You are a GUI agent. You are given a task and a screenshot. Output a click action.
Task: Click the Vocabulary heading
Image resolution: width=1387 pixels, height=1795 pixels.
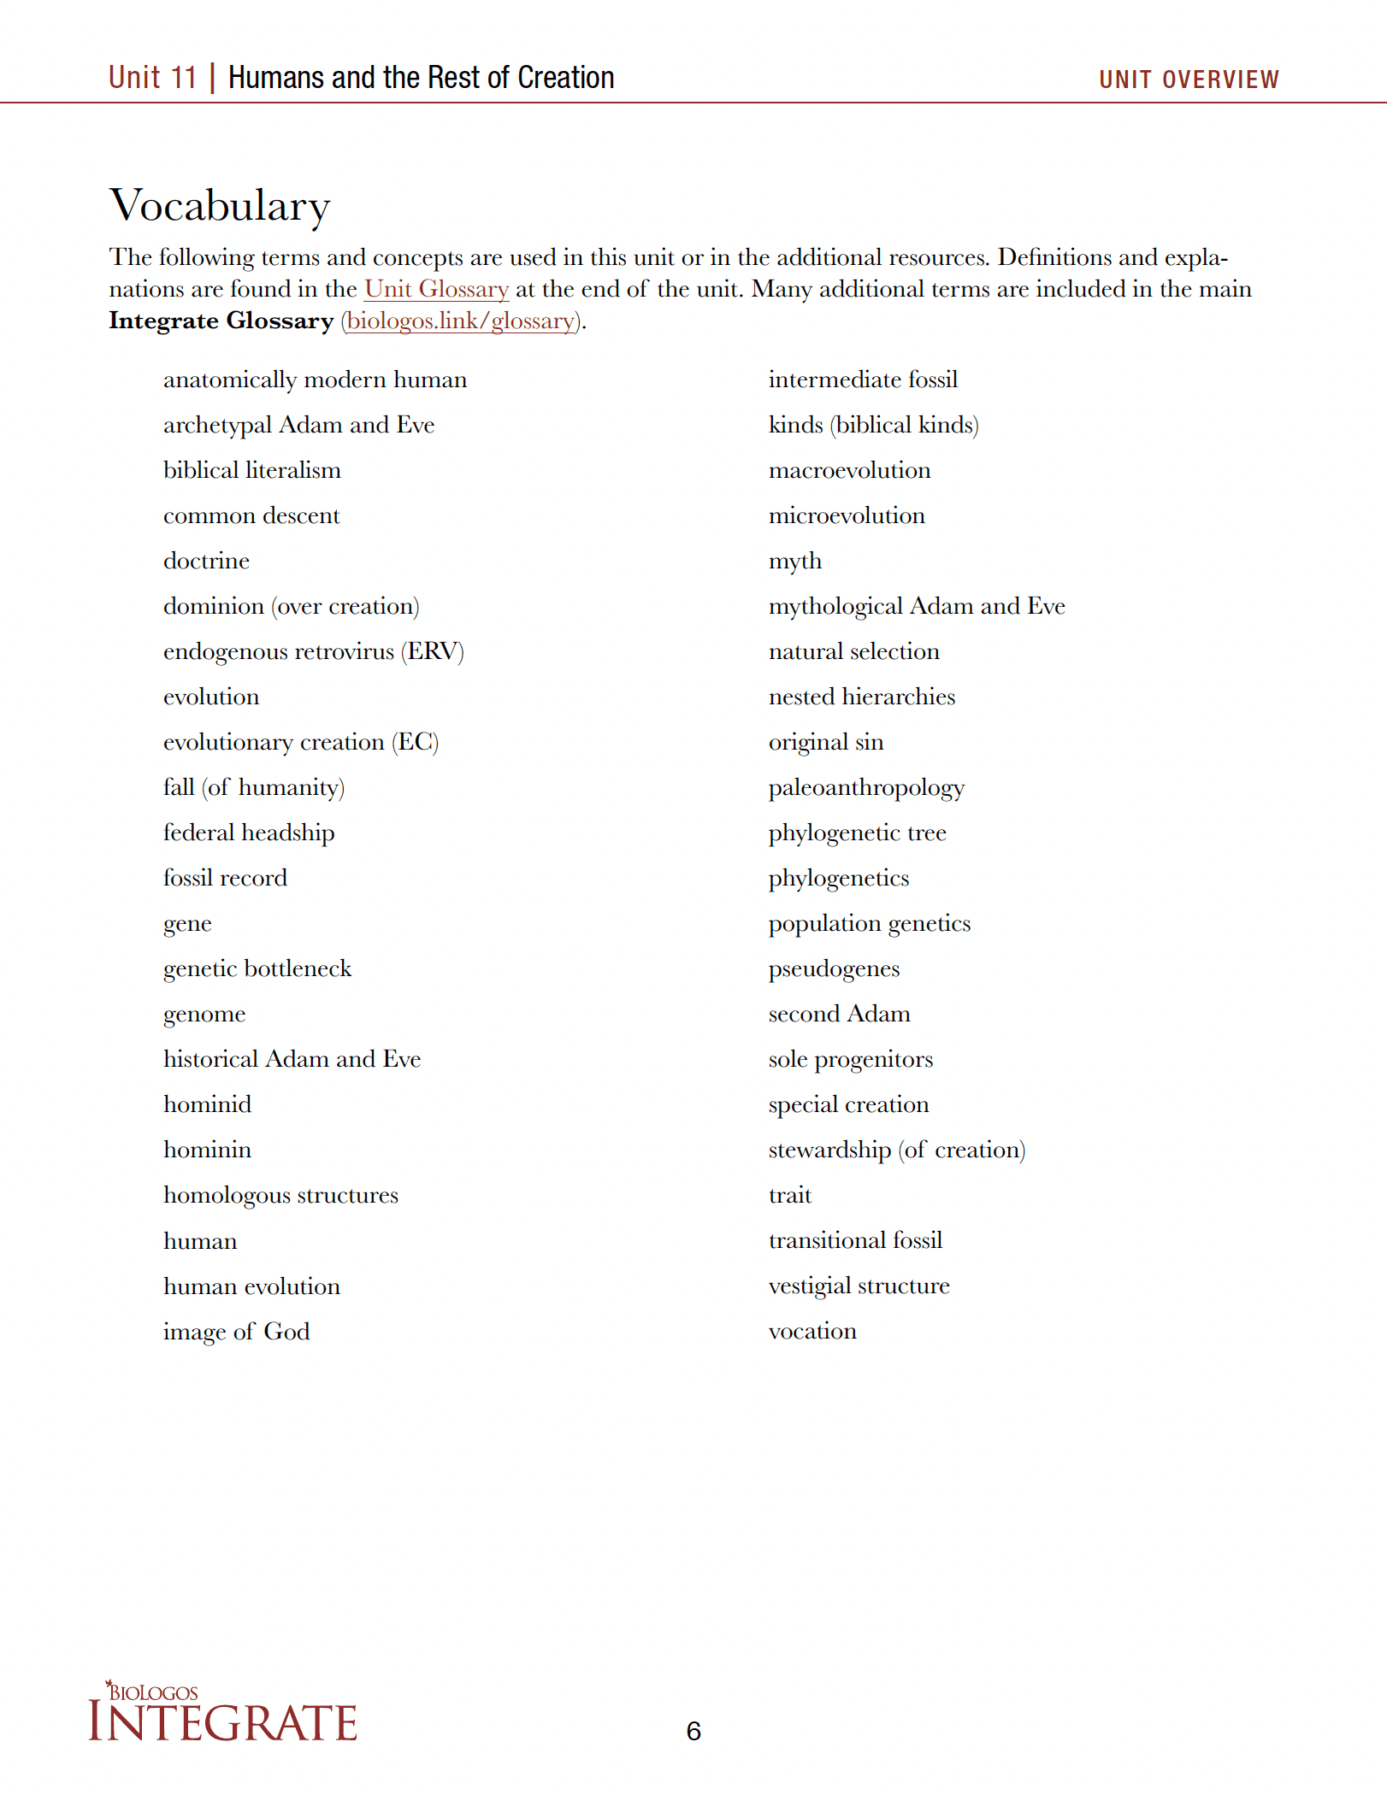[220, 206]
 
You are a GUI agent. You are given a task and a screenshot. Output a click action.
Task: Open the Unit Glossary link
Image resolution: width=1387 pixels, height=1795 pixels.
[436, 289]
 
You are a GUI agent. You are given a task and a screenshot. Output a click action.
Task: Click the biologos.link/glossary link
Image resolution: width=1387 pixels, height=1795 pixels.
[461, 321]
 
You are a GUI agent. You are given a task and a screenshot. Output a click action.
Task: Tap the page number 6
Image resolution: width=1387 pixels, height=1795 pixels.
[693, 1731]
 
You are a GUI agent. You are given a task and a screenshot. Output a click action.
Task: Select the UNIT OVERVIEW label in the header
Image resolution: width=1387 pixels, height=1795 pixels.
[1189, 79]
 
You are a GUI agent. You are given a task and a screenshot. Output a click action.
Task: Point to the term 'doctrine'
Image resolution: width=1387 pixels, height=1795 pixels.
[206, 561]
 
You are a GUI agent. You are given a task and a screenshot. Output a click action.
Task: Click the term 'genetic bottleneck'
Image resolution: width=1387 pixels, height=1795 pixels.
[257, 968]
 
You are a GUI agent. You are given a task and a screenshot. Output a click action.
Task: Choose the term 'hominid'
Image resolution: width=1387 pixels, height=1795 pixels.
[207, 1104]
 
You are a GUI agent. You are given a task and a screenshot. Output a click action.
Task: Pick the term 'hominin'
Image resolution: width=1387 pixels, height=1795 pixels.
[207, 1150]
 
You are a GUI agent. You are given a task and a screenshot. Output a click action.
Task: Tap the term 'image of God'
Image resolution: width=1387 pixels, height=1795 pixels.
[236, 1332]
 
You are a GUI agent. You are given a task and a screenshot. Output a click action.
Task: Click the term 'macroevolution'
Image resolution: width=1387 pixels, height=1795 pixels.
[849, 470]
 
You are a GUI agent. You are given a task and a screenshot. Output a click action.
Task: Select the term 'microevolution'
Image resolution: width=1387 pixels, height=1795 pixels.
[847, 515]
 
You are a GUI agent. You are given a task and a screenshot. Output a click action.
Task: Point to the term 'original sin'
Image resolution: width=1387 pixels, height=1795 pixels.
[826, 742]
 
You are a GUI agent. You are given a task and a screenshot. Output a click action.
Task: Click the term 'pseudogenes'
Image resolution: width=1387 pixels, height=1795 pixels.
[834, 968]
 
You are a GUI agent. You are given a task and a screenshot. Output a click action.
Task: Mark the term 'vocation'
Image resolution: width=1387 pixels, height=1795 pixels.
[812, 1331]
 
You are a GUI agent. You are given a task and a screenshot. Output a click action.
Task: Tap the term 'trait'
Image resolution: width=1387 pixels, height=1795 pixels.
[789, 1195]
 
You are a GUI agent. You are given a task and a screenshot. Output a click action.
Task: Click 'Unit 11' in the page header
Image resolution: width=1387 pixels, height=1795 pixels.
[152, 78]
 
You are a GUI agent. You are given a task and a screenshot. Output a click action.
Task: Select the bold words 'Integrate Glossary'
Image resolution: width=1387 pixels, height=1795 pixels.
[221, 321]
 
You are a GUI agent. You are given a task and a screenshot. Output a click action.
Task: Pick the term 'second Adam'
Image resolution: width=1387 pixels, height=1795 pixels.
[839, 1014]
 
